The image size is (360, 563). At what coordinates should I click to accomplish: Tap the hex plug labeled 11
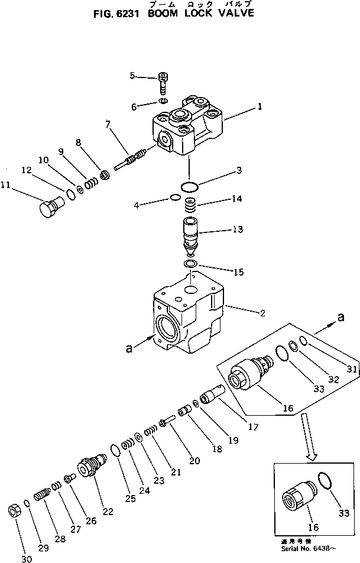48,209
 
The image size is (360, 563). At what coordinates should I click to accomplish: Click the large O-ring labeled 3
189,187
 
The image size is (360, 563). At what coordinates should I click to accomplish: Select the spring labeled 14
189,206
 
